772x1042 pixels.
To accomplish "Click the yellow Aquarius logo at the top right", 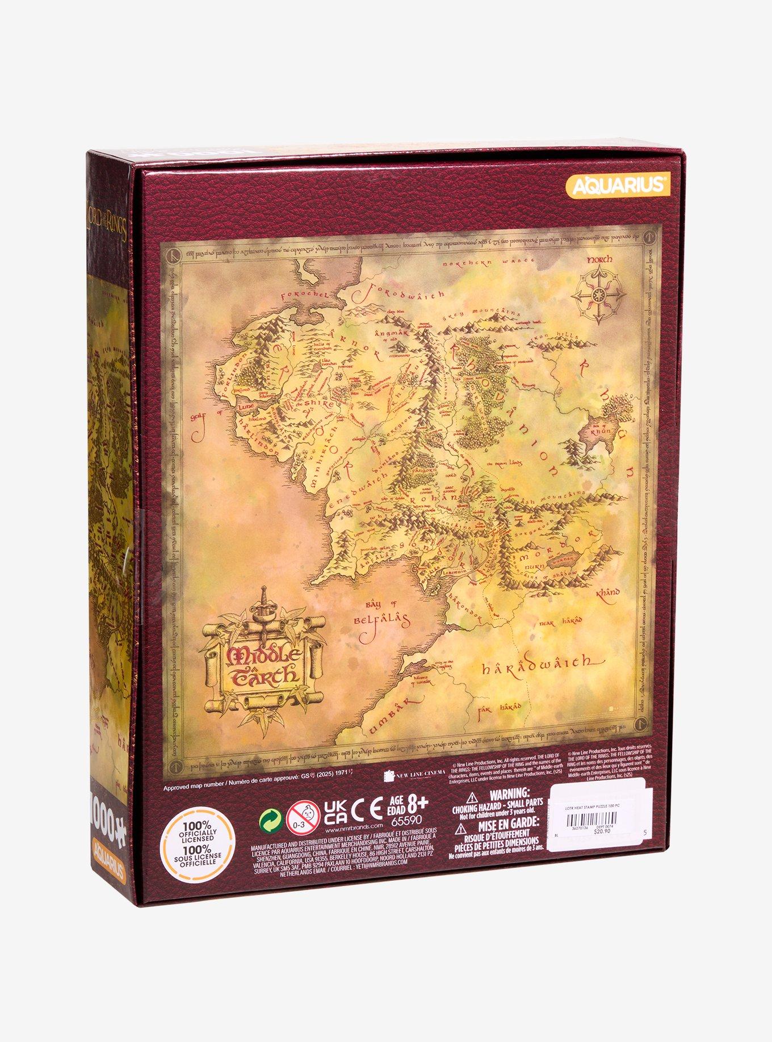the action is (618, 185).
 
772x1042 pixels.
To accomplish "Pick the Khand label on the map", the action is (607, 594).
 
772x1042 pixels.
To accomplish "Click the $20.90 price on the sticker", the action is (601, 832).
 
